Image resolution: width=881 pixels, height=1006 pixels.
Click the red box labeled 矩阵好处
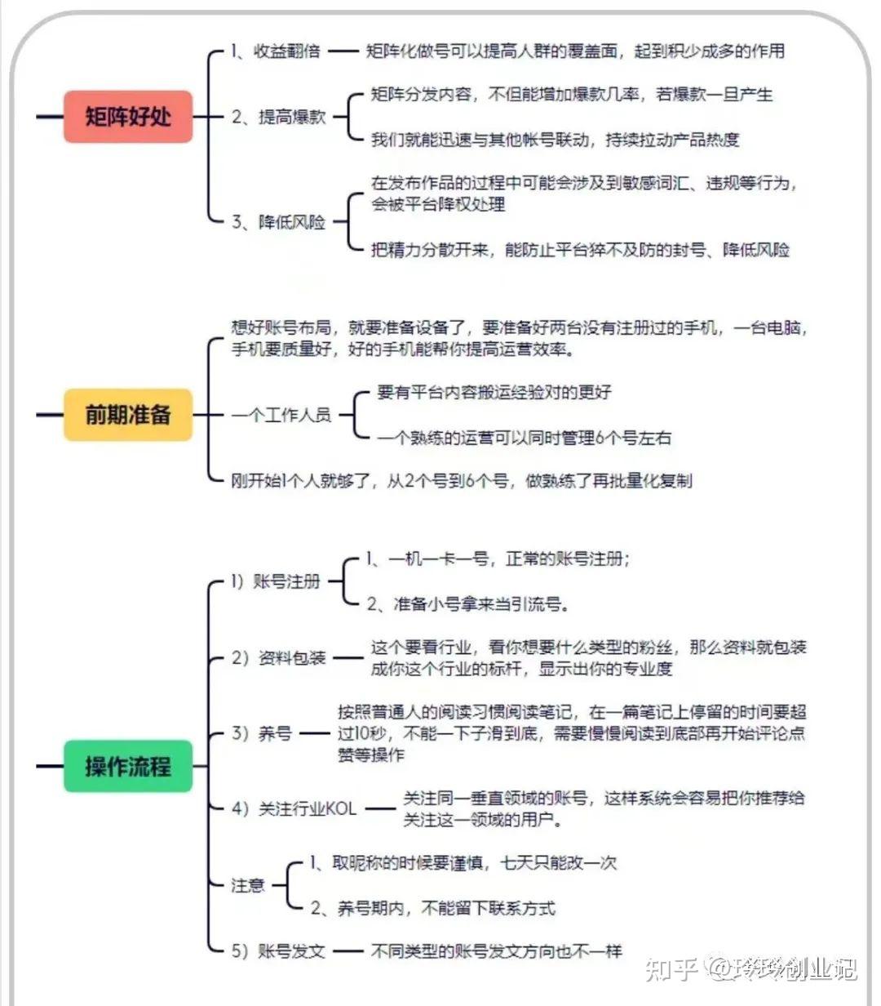(x=127, y=117)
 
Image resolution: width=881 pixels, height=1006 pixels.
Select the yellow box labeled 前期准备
(x=127, y=415)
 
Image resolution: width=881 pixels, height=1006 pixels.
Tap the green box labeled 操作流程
(x=127, y=766)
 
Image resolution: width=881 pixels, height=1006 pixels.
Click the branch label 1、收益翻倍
(x=276, y=51)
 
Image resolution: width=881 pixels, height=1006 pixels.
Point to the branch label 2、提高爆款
(x=278, y=117)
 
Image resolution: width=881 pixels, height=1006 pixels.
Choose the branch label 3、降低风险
(x=278, y=221)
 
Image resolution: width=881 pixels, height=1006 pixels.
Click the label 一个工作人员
(x=281, y=415)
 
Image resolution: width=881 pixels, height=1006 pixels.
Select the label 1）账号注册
(x=276, y=581)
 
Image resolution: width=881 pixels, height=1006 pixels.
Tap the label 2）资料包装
(x=278, y=658)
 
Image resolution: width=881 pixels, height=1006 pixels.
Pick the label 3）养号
(x=261, y=733)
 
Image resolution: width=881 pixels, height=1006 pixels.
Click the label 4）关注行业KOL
(x=294, y=808)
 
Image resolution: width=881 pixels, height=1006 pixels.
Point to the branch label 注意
(x=247, y=885)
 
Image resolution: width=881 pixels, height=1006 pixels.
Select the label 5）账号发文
(x=278, y=951)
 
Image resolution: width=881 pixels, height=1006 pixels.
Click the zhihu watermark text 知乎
(x=671, y=968)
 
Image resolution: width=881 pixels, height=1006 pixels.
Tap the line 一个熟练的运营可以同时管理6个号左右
(x=524, y=438)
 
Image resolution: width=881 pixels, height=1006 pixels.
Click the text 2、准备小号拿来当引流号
(x=467, y=603)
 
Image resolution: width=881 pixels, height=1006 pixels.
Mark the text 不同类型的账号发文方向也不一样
(x=496, y=951)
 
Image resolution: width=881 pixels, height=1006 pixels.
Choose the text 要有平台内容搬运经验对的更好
(x=494, y=392)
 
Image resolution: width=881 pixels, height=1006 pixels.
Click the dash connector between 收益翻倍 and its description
(x=343, y=51)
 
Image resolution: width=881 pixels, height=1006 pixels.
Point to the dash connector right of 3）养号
(x=315, y=733)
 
